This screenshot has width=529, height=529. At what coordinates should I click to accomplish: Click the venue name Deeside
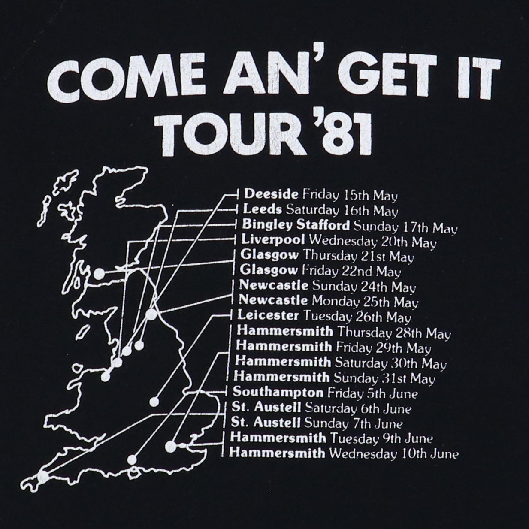click(271, 194)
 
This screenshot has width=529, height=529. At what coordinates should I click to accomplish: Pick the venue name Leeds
click(263, 209)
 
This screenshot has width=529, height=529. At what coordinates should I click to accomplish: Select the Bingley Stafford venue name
click(296, 224)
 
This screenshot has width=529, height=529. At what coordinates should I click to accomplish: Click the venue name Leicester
click(268, 316)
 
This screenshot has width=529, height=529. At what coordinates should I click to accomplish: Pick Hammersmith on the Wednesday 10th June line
click(277, 453)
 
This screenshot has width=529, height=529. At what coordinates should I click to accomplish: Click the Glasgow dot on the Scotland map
click(99, 274)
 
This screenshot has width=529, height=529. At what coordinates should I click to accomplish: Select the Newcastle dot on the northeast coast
click(151, 315)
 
